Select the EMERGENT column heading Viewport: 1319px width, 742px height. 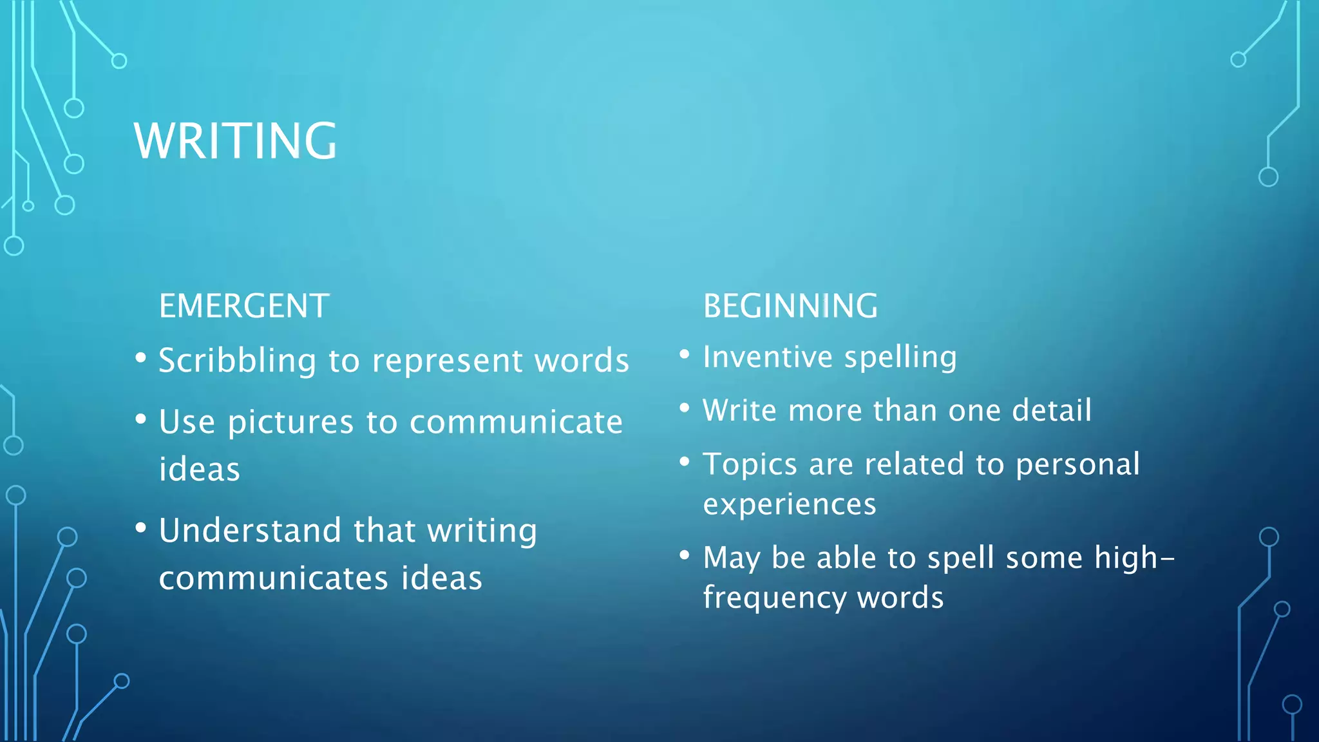tap(244, 306)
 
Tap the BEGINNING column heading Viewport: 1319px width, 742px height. tap(790, 306)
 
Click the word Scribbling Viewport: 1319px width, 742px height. tap(237, 361)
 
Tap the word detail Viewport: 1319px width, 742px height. tap(1051, 411)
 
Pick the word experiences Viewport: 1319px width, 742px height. tap(790, 504)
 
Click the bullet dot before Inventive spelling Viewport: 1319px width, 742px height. tap(685, 354)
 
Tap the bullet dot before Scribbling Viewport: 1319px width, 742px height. tap(141, 357)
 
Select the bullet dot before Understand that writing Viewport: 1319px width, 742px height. tap(141, 528)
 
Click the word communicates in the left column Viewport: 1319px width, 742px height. tap(274, 578)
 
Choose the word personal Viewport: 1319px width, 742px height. tap(1077, 464)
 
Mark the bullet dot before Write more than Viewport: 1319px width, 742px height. tap(685, 408)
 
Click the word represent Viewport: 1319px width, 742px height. tap(447, 361)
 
